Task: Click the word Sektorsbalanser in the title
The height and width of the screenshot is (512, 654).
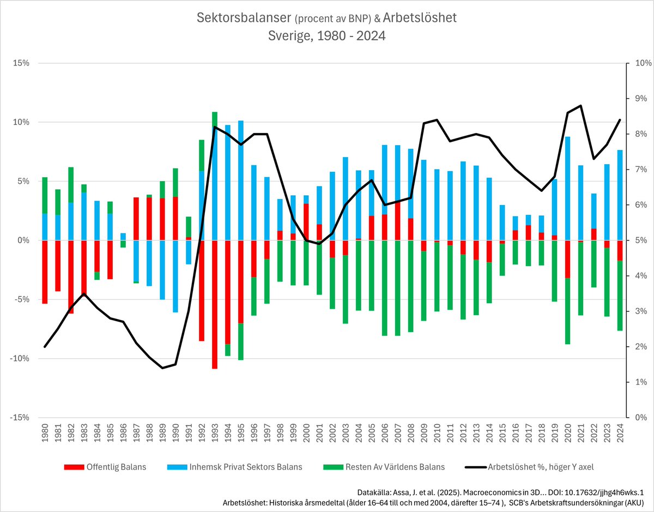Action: click(244, 18)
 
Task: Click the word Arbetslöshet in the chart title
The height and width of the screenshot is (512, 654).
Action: click(420, 18)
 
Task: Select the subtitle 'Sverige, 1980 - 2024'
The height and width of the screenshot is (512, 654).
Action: click(326, 36)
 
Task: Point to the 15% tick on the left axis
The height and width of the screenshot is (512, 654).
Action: click(21, 63)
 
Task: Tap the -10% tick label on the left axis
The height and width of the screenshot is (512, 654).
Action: click(19, 358)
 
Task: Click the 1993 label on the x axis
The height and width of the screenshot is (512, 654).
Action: click(215, 433)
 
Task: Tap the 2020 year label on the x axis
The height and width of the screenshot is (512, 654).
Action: click(568, 433)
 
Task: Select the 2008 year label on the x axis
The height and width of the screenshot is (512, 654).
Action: click(411, 433)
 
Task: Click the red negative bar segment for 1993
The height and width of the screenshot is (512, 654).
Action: click(215, 304)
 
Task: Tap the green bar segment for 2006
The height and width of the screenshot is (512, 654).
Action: click(385, 288)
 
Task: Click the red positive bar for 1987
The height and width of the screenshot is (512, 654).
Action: click(136, 219)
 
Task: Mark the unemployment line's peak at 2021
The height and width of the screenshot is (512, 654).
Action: click(580, 105)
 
